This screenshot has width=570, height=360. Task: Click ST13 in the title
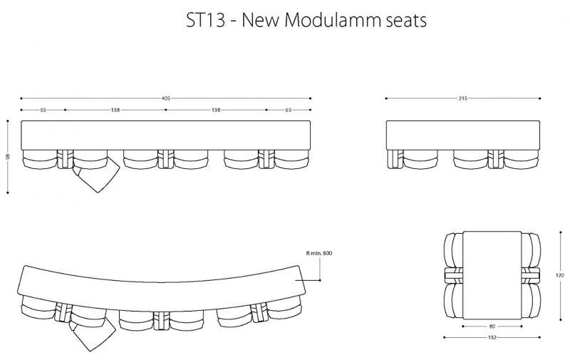[206, 20]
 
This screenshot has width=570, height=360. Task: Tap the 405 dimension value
[165, 98]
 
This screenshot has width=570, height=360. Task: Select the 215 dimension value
[462, 98]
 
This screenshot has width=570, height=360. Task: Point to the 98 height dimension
[8, 157]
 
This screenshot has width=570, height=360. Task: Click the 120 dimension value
[560, 275]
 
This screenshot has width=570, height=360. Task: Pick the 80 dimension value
[492, 326]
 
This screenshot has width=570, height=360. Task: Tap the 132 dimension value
[492, 337]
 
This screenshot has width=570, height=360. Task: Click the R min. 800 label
[319, 253]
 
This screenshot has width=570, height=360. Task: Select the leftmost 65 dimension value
[43, 110]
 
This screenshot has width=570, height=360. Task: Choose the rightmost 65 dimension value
[289, 110]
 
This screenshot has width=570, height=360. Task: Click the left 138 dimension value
[115, 110]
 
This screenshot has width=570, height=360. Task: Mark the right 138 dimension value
[216, 110]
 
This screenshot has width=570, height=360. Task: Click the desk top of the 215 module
[463, 135]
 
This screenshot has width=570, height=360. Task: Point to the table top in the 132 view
[492, 275]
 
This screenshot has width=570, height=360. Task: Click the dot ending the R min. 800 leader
[320, 280]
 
